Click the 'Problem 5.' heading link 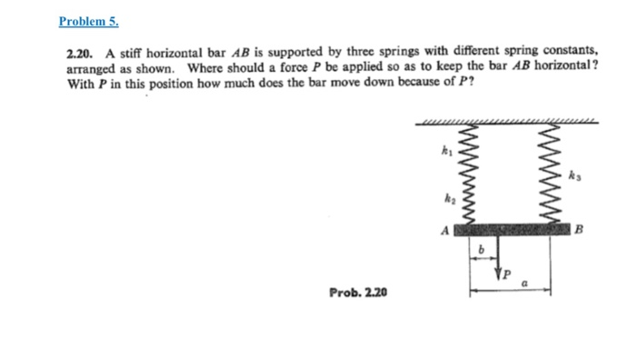coord(87,20)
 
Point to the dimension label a coord(525,284)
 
